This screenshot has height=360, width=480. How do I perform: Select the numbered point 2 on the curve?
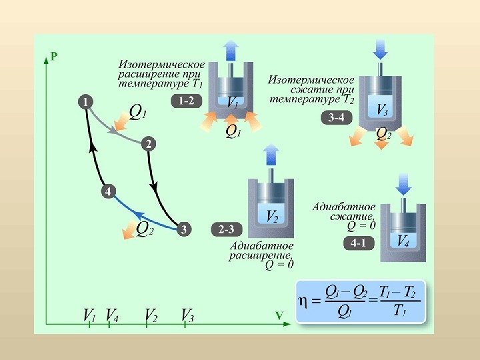[149, 144]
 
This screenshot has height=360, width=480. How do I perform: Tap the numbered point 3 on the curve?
[184, 229]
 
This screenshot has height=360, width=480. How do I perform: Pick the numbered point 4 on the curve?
[108, 191]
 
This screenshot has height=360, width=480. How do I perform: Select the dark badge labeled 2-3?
[226, 229]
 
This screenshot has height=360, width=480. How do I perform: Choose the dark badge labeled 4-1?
[359, 244]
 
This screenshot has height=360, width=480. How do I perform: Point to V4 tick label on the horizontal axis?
[112, 315]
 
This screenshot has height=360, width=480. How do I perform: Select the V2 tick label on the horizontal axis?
[151, 315]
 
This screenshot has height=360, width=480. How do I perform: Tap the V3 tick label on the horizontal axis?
[187, 315]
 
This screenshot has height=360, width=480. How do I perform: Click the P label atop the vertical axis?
[53, 57]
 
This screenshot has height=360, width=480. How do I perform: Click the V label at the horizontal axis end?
[279, 313]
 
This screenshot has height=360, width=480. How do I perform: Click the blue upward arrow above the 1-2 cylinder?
[231, 51]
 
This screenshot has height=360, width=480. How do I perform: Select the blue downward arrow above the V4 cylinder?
[403, 183]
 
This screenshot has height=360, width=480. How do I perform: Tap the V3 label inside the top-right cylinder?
[383, 110]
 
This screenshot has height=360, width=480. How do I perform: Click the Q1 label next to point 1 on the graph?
[135, 112]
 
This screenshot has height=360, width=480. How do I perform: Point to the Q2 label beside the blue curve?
[145, 229]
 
